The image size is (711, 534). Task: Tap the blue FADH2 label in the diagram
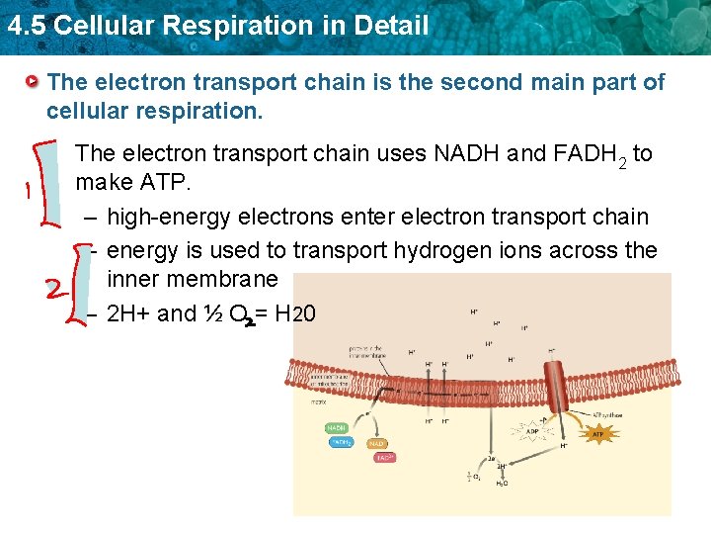pyautogui.click(x=340, y=443)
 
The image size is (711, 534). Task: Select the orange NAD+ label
pyautogui.click(x=377, y=445)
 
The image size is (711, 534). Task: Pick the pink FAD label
pyautogui.click(x=384, y=458)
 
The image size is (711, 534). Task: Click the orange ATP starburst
pyautogui.click(x=597, y=432)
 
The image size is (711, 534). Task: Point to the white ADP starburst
pyautogui.click(x=530, y=432)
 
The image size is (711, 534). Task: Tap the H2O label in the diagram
pyautogui.click(x=502, y=484)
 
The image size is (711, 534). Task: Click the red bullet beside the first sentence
pyautogui.click(x=34, y=81)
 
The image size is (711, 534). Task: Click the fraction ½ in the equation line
pyautogui.click(x=212, y=314)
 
